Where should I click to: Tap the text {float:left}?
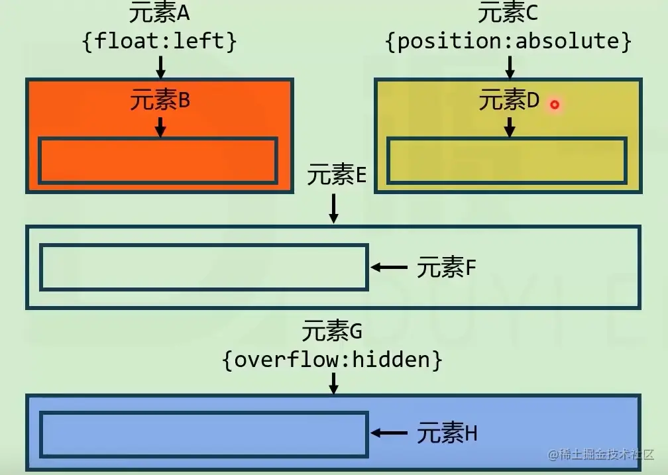[159, 41]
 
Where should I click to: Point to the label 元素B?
[160, 101]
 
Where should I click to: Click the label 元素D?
[509, 101]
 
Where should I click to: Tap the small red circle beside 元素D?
[555, 105]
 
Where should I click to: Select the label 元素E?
[337, 176]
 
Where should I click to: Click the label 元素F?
[447, 268]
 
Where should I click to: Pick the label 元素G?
[333, 330]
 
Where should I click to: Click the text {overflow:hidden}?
[333, 360]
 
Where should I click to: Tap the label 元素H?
[447, 433]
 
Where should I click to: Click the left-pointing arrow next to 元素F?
[389, 267]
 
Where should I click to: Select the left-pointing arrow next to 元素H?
[389, 433]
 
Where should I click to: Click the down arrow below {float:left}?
[160, 66]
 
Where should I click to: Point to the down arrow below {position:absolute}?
[509, 66]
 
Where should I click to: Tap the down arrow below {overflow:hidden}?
[334, 382]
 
